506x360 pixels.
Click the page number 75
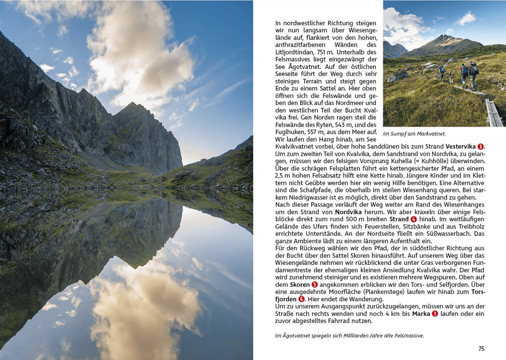point(481,348)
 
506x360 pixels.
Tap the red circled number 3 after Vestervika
point(480,146)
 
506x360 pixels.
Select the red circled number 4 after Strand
point(414,219)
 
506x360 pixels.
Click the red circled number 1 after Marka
point(435,314)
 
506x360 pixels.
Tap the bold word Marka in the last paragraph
point(421,314)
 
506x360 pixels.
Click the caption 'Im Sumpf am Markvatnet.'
point(414,134)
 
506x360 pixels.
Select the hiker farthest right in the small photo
point(474,74)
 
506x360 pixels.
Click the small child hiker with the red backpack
point(451,77)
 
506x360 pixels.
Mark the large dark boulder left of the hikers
point(398,76)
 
